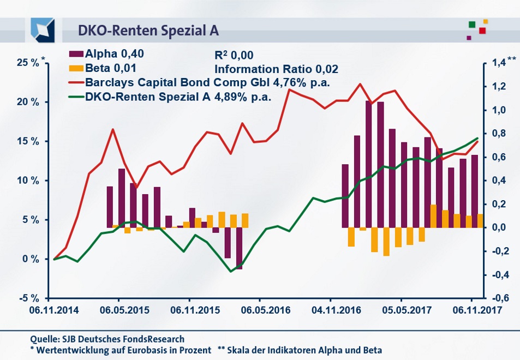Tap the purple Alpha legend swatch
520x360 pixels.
pos(76,54)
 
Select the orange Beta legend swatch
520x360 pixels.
pos(76,69)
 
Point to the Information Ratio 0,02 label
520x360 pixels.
pos(276,69)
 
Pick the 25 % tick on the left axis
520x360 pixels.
pos(27,63)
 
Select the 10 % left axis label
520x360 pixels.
pos(27,181)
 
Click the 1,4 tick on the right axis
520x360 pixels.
pos(500,63)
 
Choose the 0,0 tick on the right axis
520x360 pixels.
pos(500,227)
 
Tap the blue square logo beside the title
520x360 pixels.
pos(43,29)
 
